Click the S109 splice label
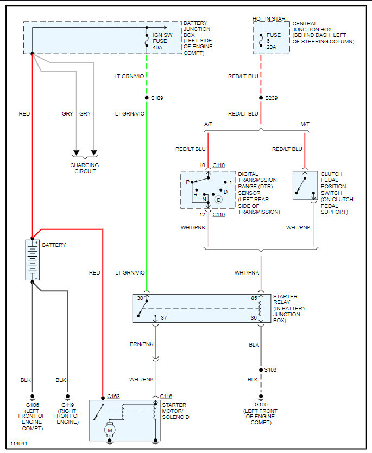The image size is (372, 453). coord(156,98)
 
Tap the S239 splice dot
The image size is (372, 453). coord(261,98)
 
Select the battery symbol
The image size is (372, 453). coord(33,260)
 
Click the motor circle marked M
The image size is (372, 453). coord(109,430)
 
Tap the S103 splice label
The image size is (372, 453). coord(271,369)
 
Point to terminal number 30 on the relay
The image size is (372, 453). coord(140,298)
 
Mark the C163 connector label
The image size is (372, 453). coord(114,397)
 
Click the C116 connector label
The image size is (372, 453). coord(166,397)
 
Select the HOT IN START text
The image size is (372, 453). coord(271,19)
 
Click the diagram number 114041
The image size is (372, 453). coord(18,444)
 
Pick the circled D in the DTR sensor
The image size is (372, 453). coord(219,200)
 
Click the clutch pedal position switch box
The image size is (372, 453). coord(304,188)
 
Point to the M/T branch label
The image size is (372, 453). coord(305,124)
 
